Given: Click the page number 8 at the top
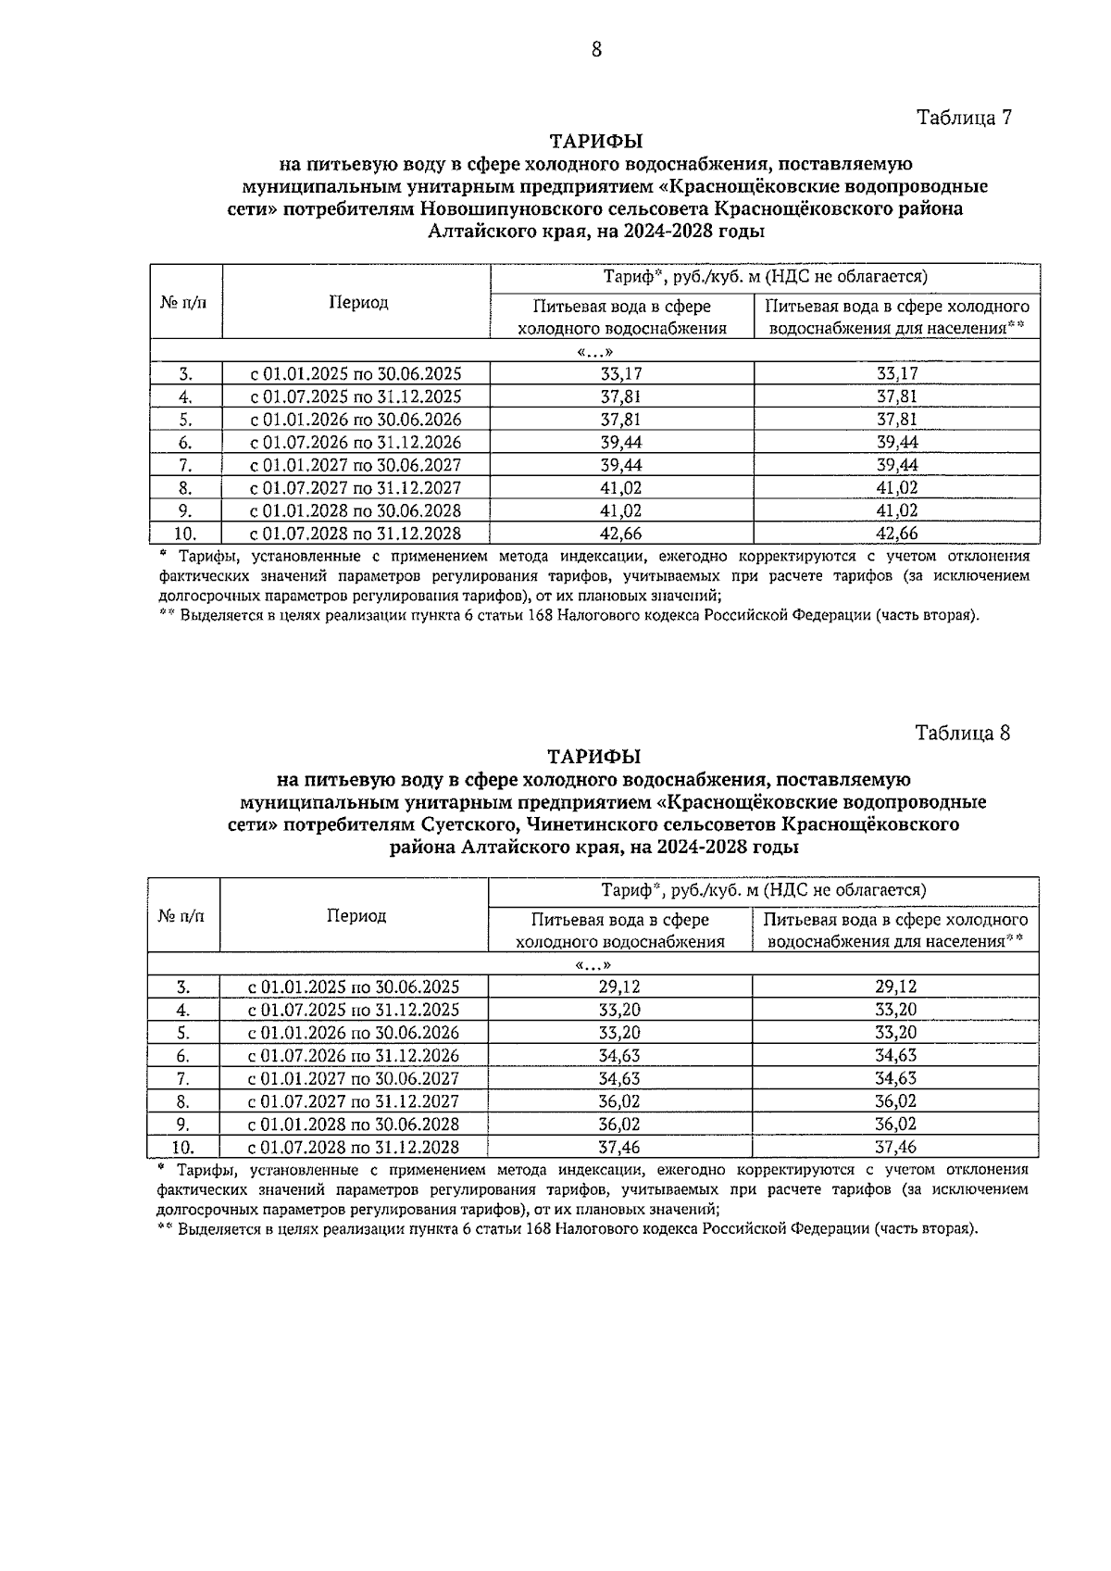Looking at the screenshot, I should tap(596, 50).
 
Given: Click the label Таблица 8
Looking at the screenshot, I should tap(962, 732).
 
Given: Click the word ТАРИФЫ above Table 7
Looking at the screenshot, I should tap(596, 142).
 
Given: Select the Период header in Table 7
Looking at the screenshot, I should tap(357, 303).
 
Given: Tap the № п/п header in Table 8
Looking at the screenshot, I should tap(182, 916).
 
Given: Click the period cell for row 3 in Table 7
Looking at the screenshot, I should tap(356, 374).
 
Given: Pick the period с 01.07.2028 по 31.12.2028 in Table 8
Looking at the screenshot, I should tap(355, 1148).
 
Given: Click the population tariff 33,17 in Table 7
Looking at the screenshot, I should tap(896, 374).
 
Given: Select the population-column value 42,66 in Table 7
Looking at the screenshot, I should tap(896, 534).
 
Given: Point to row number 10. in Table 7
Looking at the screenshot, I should tap(185, 534).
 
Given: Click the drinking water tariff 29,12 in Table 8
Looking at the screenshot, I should tap(619, 987).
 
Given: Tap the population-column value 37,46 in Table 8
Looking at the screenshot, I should tap(895, 1148).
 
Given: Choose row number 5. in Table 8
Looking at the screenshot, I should tap(183, 1033).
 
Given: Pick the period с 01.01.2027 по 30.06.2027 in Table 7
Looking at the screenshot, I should tap(356, 465).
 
